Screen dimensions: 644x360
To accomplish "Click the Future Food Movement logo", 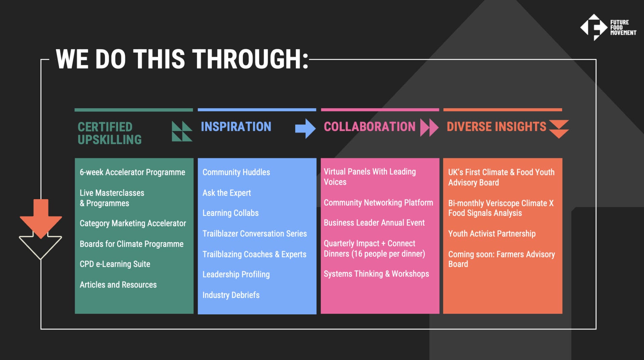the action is pyautogui.click(x=608, y=27).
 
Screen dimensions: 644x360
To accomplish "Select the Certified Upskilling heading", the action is pyautogui.click(x=110, y=133).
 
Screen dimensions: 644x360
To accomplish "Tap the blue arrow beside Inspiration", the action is pyautogui.click(x=305, y=128).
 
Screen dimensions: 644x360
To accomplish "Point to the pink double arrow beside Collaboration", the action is pyautogui.click(x=429, y=127).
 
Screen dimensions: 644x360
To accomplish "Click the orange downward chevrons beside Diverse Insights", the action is pyautogui.click(x=559, y=129).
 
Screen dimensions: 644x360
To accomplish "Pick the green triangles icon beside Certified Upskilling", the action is pyautogui.click(x=182, y=131).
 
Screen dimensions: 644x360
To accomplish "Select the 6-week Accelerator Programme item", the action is pyautogui.click(x=132, y=172).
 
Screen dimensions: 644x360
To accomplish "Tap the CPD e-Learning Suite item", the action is pyautogui.click(x=115, y=264).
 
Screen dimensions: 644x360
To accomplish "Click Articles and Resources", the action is pyautogui.click(x=118, y=285).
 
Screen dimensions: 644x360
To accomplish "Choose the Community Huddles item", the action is pyautogui.click(x=236, y=172).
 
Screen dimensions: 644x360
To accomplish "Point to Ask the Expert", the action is pyautogui.click(x=227, y=193).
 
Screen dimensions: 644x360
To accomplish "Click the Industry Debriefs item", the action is pyautogui.click(x=231, y=295).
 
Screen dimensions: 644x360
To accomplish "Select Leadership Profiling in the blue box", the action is pyautogui.click(x=236, y=275).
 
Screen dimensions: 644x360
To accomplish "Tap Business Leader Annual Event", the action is pyautogui.click(x=374, y=223).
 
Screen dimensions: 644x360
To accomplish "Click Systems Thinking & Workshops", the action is pyautogui.click(x=376, y=274).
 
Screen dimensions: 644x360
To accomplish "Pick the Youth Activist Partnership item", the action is pyautogui.click(x=492, y=234).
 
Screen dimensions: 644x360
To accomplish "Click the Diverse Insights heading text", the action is pyautogui.click(x=496, y=127).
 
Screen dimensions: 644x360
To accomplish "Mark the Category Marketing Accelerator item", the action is pyautogui.click(x=133, y=223).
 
